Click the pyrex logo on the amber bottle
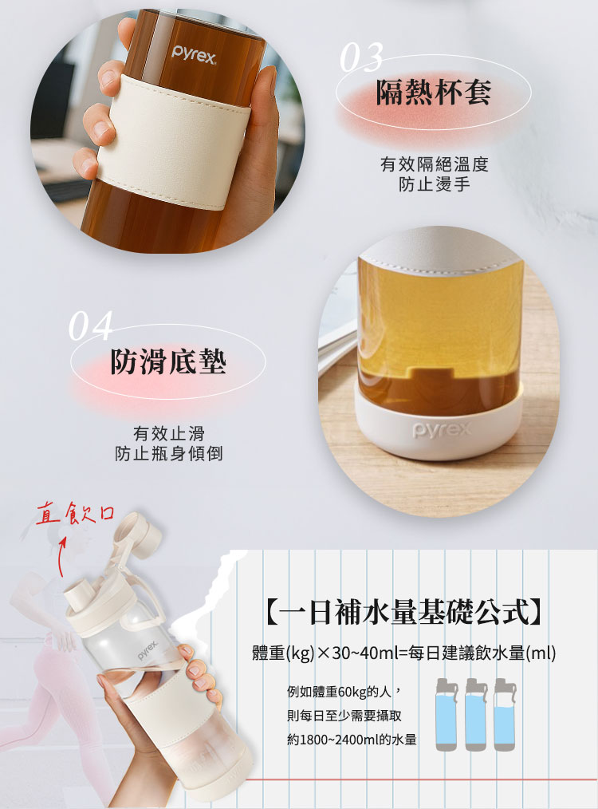(x=193, y=54)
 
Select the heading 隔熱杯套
(x=434, y=93)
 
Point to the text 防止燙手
(x=434, y=184)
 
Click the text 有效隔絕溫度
(x=434, y=164)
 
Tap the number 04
(x=90, y=326)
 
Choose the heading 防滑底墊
(x=168, y=361)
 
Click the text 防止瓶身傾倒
(x=168, y=453)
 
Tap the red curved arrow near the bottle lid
(x=61, y=558)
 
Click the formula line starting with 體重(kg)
(x=403, y=653)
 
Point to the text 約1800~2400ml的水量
(x=352, y=740)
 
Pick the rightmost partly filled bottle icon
(x=505, y=715)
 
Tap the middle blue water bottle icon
(x=476, y=715)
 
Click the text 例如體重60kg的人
(x=344, y=692)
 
